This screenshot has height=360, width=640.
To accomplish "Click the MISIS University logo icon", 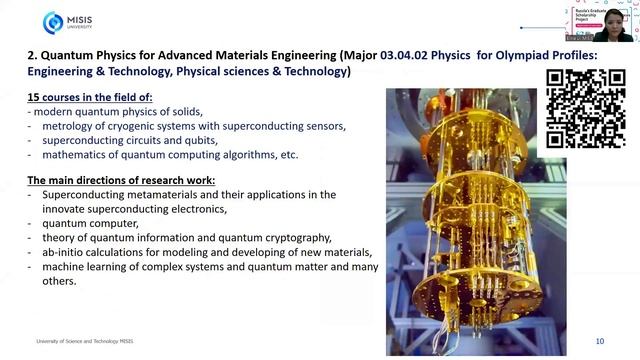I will [x=53, y=22].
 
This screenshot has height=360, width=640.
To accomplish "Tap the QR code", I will [x=586, y=109].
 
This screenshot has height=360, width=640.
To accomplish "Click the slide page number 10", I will [x=600, y=341].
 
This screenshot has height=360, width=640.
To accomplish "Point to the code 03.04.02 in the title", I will [x=411, y=56].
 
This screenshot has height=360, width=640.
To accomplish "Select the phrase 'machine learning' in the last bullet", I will [x=83, y=267].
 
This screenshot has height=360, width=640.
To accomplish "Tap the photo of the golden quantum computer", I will [x=464, y=220].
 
